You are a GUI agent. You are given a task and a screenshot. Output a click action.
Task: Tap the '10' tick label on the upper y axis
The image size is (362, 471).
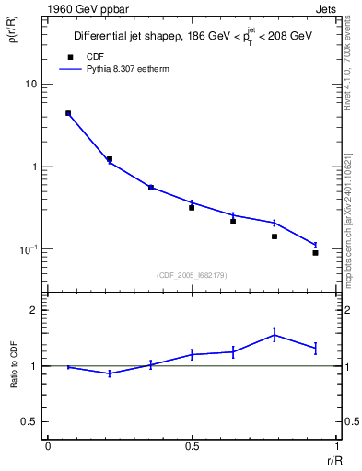[x=30, y=84]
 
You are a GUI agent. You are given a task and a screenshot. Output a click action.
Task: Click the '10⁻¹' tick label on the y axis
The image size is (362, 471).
[x=29, y=249]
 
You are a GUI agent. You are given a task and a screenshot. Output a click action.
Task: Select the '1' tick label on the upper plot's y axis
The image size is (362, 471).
[x=34, y=167]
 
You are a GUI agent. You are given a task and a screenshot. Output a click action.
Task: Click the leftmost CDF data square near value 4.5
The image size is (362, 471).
[x=68, y=113]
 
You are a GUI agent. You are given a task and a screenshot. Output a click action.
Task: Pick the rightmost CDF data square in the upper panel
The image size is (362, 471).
[x=316, y=253]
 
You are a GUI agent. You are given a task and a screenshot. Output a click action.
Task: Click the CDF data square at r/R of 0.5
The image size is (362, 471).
[x=192, y=208]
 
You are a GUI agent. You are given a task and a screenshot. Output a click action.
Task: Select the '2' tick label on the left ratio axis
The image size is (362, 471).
[x=34, y=311]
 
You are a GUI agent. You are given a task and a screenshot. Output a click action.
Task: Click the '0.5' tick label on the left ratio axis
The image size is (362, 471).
[x=29, y=421]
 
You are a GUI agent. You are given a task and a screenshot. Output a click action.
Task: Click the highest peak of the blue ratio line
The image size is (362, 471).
[x=274, y=335]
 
